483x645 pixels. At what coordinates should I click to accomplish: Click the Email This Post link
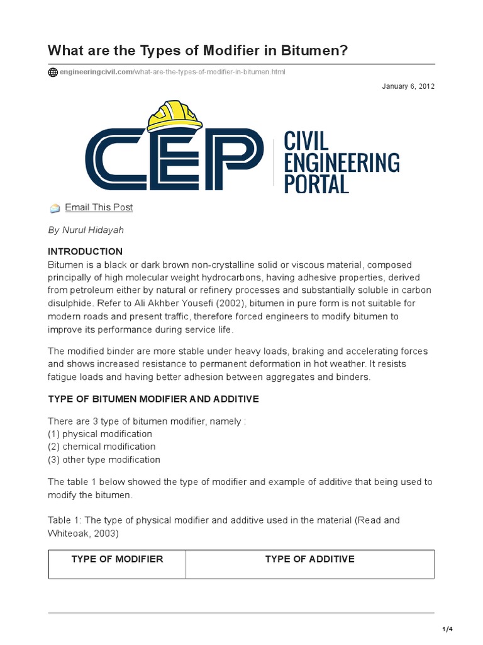(x=99, y=207)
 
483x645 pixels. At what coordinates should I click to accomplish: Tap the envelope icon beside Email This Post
(x=55, y=208)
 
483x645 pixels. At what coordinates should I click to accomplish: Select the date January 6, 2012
(x=408, y=86)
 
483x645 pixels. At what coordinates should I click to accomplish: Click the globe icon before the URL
(x=53, y=72)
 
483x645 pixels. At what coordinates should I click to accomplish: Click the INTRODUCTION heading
(x=86, y=251)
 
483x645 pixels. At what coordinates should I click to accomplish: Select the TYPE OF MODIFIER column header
(x=117, y=559)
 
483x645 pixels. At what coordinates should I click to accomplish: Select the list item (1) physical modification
(x=100, y=434)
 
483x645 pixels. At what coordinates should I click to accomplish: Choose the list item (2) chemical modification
(x=102, y=447)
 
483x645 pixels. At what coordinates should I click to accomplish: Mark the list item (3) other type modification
(x=104, y=459)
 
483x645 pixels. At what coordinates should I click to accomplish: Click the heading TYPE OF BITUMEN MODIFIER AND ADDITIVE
(x=153, y=399)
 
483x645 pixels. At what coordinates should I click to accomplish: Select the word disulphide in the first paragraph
(x=71, y=303)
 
